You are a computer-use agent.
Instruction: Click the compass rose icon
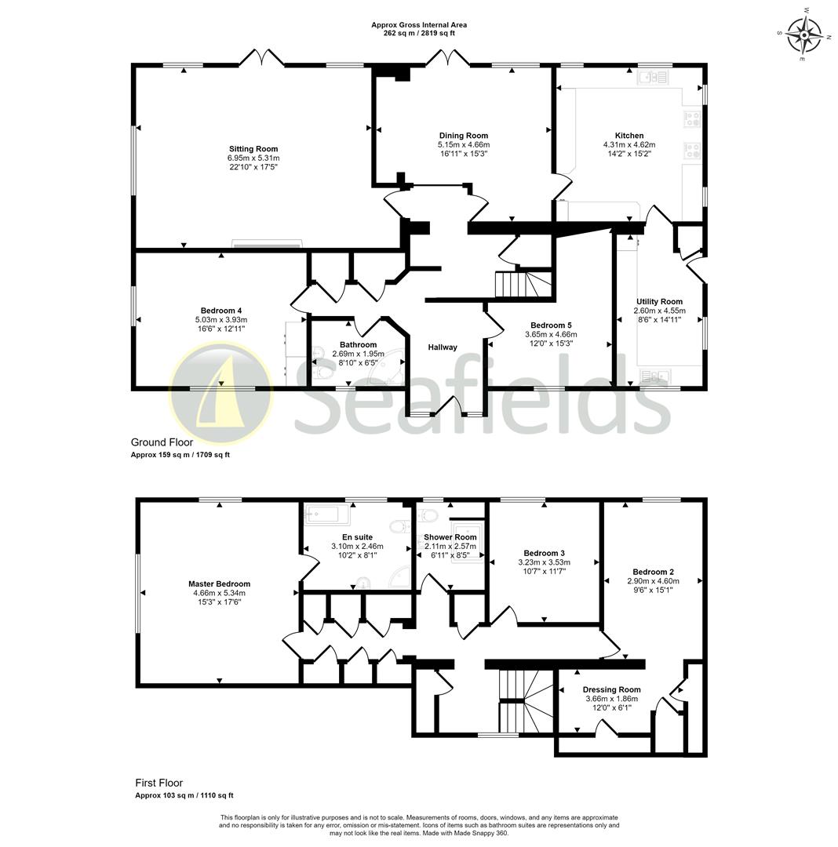click(803, 35)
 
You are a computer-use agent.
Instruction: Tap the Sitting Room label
click(253, 149)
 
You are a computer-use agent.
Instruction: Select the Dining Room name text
click(463, 136)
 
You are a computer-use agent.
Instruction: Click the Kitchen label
click(628, 136)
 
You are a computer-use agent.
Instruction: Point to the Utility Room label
click(659, 301)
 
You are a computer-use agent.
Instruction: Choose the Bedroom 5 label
click(551, 325)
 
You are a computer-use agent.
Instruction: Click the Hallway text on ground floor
click(443, 347)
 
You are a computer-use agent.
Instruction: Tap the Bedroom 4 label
click(220, 311)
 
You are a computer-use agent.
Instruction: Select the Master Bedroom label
click(219, 583)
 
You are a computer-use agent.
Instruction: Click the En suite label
click(357, 537)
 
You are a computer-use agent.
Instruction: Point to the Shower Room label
click(450, 537)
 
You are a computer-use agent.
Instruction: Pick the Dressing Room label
click(611, 689)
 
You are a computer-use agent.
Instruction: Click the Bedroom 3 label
click(544, 553)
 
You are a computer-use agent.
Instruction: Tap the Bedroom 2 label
click(653, 572)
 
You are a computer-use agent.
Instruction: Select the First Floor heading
click(158, 783)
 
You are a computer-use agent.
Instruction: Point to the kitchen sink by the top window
click(652, 77)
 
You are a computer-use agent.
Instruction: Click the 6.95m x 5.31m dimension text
click(253, 158)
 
